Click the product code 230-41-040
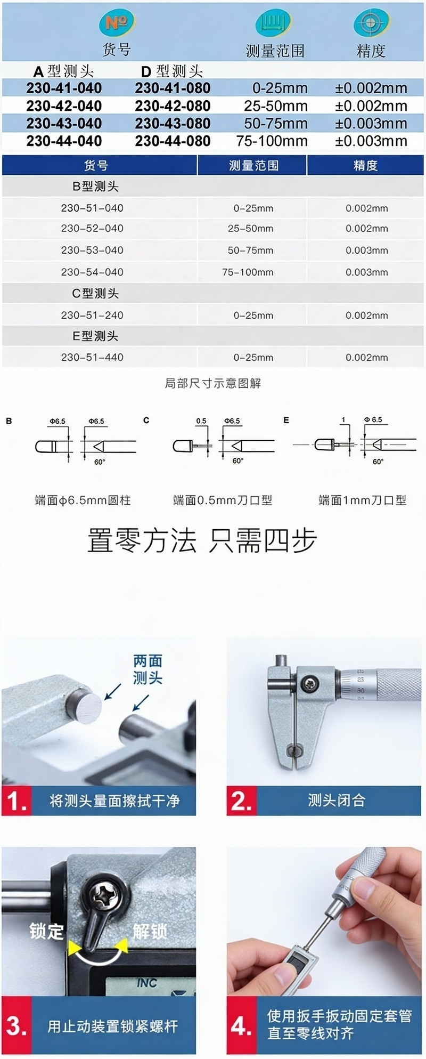[x=64, y=88]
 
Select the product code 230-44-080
[x=173, y=141]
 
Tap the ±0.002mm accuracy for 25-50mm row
[x=371, y=106]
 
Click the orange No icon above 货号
[x=117, y=22]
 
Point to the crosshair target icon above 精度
[x=370, y=23]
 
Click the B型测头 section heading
[x=95, y=187]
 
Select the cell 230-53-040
[x=92, y=250]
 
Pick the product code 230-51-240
[x=92, y=315]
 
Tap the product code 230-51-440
[x=92, y=358]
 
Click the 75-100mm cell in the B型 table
[x=248, y=272]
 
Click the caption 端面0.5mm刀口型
[x=223, y=500]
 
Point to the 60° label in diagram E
[x=378, y=462]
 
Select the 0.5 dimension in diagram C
[x=201, y=421]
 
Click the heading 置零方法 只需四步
[x=202, y=540]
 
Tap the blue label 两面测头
[x=148, y=669]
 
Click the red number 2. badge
[x=241, y=801]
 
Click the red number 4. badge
[x=241, y=1026]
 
